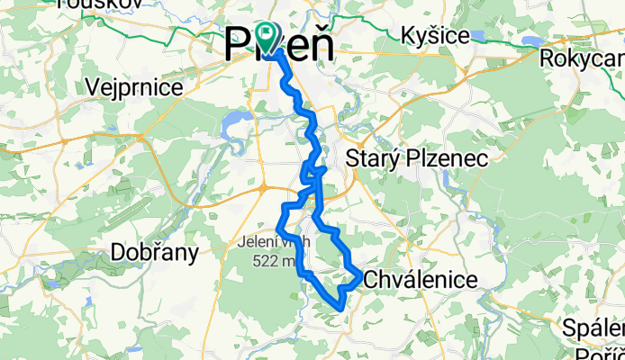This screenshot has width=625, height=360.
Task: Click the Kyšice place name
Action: click(x=437, y=36)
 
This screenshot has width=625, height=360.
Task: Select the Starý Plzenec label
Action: click(x=417, y=158)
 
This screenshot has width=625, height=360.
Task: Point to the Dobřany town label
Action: click(x=154, y=253)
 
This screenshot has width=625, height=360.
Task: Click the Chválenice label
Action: click(x=420, y=281)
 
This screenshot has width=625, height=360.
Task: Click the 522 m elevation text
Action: click(x=275, y=260)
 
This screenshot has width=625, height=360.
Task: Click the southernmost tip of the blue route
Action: click(x=339, y=308)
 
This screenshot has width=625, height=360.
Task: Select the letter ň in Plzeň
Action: click(x=316, y=45)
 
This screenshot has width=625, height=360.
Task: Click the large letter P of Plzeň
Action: click(x=236, y=45)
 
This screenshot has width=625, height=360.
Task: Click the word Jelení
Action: click(x=257, y=242)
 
